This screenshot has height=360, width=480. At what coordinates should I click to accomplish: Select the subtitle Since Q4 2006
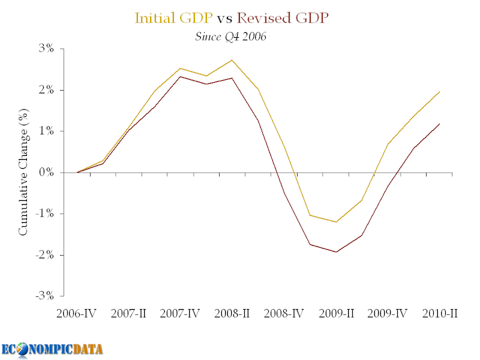[231, 36]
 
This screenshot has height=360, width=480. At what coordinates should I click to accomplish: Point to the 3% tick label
[47, 49]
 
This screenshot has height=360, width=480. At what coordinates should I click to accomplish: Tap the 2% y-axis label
[47, 90]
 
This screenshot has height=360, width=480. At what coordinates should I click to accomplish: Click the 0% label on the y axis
[47, 173]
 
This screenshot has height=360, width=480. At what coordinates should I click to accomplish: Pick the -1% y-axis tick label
[45, 214]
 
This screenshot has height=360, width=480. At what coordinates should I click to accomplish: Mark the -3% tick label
[45, 296]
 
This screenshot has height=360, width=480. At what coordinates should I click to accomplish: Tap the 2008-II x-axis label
[231, 314]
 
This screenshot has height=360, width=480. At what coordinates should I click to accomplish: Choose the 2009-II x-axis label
[336, 314]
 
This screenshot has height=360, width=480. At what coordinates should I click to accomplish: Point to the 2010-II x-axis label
[439, 314]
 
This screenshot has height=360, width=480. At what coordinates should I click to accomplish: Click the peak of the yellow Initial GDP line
[232, 60]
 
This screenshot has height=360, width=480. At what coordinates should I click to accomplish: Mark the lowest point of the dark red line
[336, 252]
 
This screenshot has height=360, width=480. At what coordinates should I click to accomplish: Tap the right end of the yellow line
[440, 92]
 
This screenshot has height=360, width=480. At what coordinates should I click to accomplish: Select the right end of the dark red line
[440, 124]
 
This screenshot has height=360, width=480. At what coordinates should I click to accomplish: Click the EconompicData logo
[52, 349]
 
